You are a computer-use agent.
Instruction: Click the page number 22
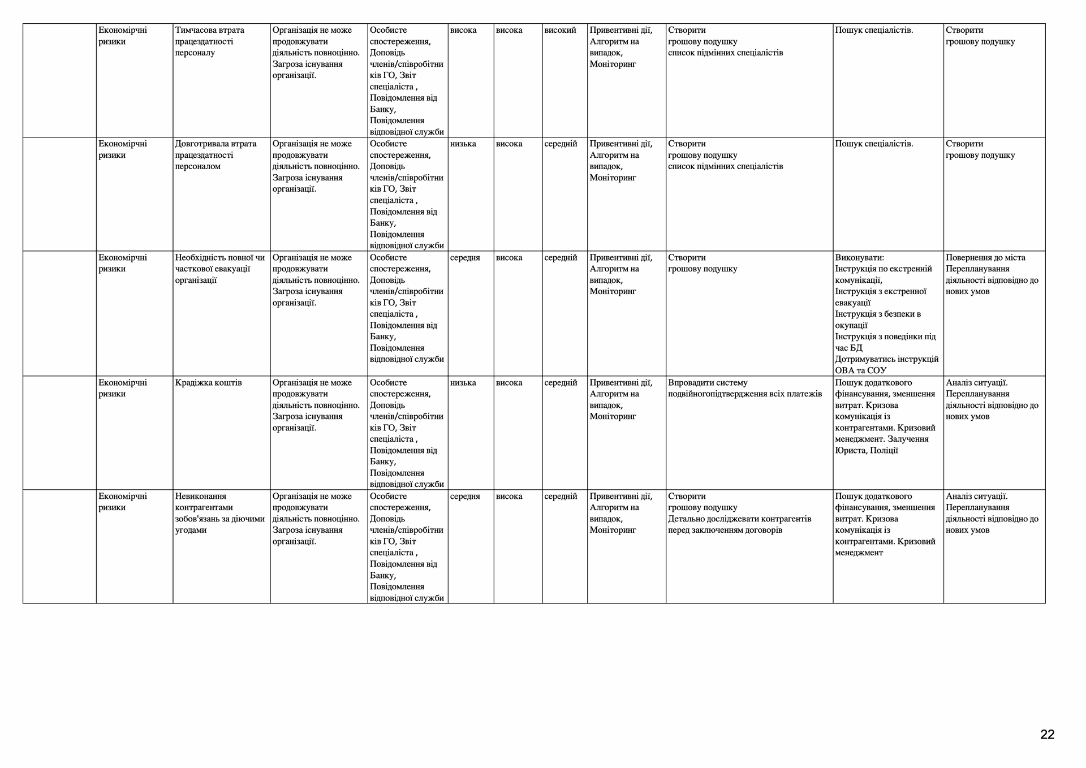pos(1047,735)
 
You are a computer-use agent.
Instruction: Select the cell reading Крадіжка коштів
pos(208,383)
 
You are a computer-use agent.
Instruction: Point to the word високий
pos(560,30)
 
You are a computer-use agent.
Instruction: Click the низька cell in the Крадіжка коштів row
pos(463,383)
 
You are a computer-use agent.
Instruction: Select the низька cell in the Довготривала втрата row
pos(463,144)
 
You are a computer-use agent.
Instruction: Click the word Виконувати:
pos(859,257)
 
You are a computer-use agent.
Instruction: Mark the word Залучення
pos(908,439)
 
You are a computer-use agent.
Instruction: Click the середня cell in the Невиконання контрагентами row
pos(465,497)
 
